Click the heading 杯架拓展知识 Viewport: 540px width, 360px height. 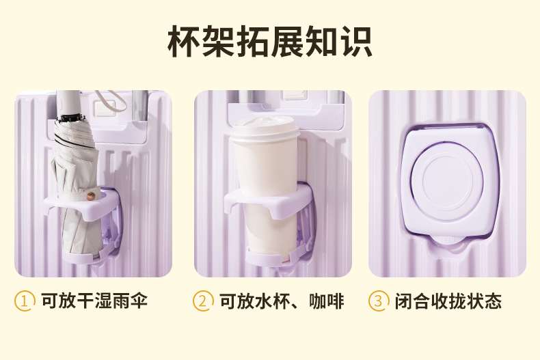click(x=270, y=42)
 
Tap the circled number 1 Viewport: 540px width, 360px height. click(x=25, y=301)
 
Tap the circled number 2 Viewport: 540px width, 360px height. click(x=203, y=301)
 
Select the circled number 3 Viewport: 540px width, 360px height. click(x=379, y=301)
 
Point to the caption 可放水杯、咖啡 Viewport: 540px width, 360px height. click(x=281, y=301)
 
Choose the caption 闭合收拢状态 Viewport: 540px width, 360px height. click(x=448, y=301)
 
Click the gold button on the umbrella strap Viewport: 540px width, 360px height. click(x=90, y=197)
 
